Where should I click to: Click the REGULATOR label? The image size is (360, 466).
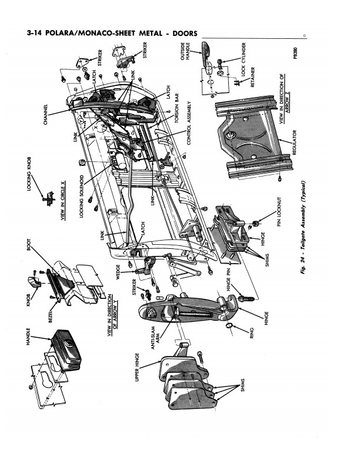(294, 144)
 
